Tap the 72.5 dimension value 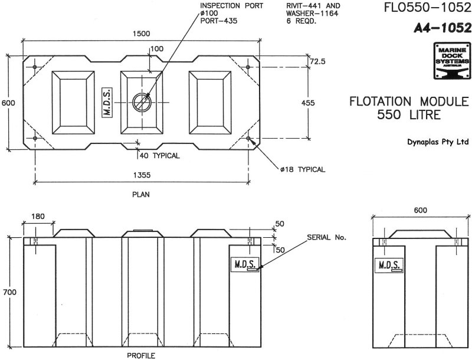(317, 61)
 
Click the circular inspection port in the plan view (141, 102)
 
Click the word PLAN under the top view (140, 193)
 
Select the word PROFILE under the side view (141, 356)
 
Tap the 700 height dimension (8, 292)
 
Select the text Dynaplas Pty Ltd (438, 142)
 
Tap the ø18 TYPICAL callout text (303, 169)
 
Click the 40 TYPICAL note (160, 156)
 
